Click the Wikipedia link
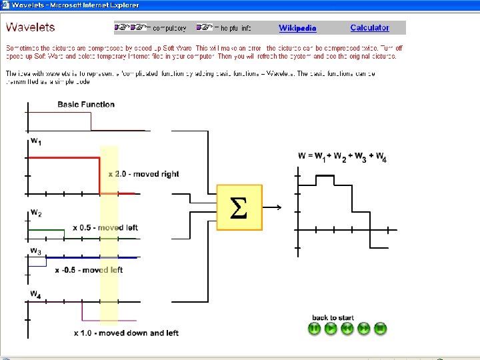pyautogui.click(x=297, y=28)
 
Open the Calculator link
pyautogui.click(x=369, y=28)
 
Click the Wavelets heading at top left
pyautogui.click(x=31, y=27)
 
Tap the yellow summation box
pyautogui.click(x=239, y=207)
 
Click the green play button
pyautogui.click(x=331, y=329)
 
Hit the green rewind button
pyautogui.click(x=347, y=329)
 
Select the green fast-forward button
pyautogui.click(x=364, y=329)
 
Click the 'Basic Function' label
pyautogui.click(x=86, y=105)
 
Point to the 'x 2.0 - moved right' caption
pyautogui.click(x=144, y=174)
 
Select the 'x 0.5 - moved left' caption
pyautogui.click(x=105, y=228)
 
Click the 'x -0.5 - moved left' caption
pyautogui.click(x=89, y=270)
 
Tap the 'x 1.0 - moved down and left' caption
pyautogui.click(x=126, y=333)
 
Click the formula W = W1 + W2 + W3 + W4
pyautogui.click(x=342, y=157)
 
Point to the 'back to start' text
pyautogui.click(x=333, y=317)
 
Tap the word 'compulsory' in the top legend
pyautogui.click(x=169, y=29)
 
